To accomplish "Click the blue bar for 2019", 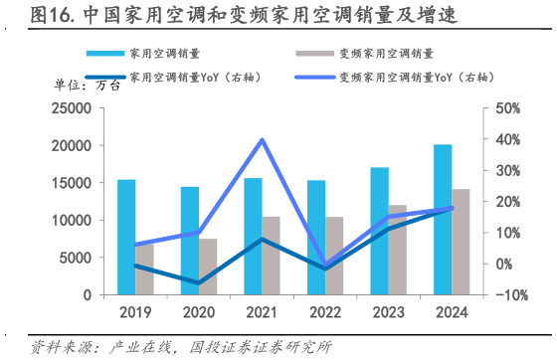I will coord(126,237).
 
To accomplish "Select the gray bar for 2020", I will coord(207,267).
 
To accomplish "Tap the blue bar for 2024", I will coord(443,220).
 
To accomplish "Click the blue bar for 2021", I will coord(253,237).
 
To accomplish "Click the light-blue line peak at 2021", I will coord(262,139).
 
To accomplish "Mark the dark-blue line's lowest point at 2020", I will coord(198,283).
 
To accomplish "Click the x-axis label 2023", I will coord(388,313).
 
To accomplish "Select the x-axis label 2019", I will coord(135,313).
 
